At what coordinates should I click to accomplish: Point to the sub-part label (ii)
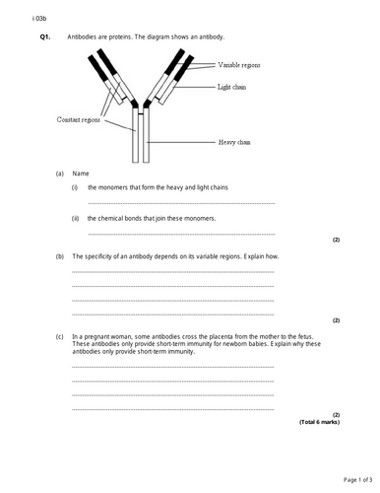click(75, 218)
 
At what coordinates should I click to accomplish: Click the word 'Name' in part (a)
click(81, 173)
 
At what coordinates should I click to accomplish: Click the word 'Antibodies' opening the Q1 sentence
click(85, 36)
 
